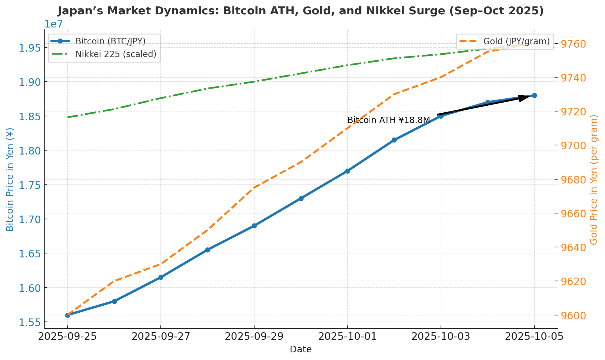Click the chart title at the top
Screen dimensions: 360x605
[301, 11]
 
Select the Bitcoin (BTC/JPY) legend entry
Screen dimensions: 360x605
[110, 41]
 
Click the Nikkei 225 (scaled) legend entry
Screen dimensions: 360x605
[116, 54]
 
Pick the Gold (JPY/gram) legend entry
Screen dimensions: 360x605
[516, 41]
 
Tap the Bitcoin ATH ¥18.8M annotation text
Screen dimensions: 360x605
[389, 120]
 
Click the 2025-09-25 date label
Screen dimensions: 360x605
[68, 337]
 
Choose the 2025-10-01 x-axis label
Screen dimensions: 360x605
[347, 337]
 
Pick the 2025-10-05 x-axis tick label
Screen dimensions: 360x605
[534, 337]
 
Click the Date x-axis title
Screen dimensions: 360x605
[301, 350]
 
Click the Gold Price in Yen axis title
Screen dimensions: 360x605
[593, 180]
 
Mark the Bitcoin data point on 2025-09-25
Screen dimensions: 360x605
[68, 315]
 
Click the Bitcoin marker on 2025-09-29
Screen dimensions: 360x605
[254, 226]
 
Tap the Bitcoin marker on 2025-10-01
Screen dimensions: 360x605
[347, 171]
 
